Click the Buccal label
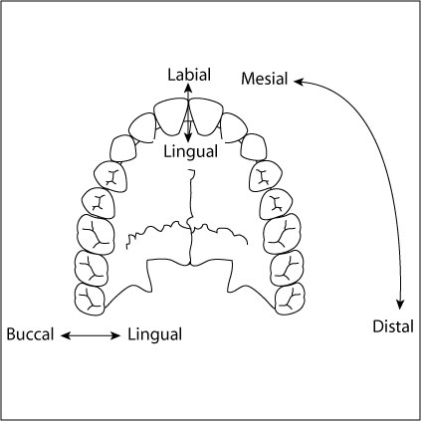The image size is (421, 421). [30, 334]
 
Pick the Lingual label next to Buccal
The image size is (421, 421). [154, 334]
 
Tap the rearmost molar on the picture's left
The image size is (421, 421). [91, 296]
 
